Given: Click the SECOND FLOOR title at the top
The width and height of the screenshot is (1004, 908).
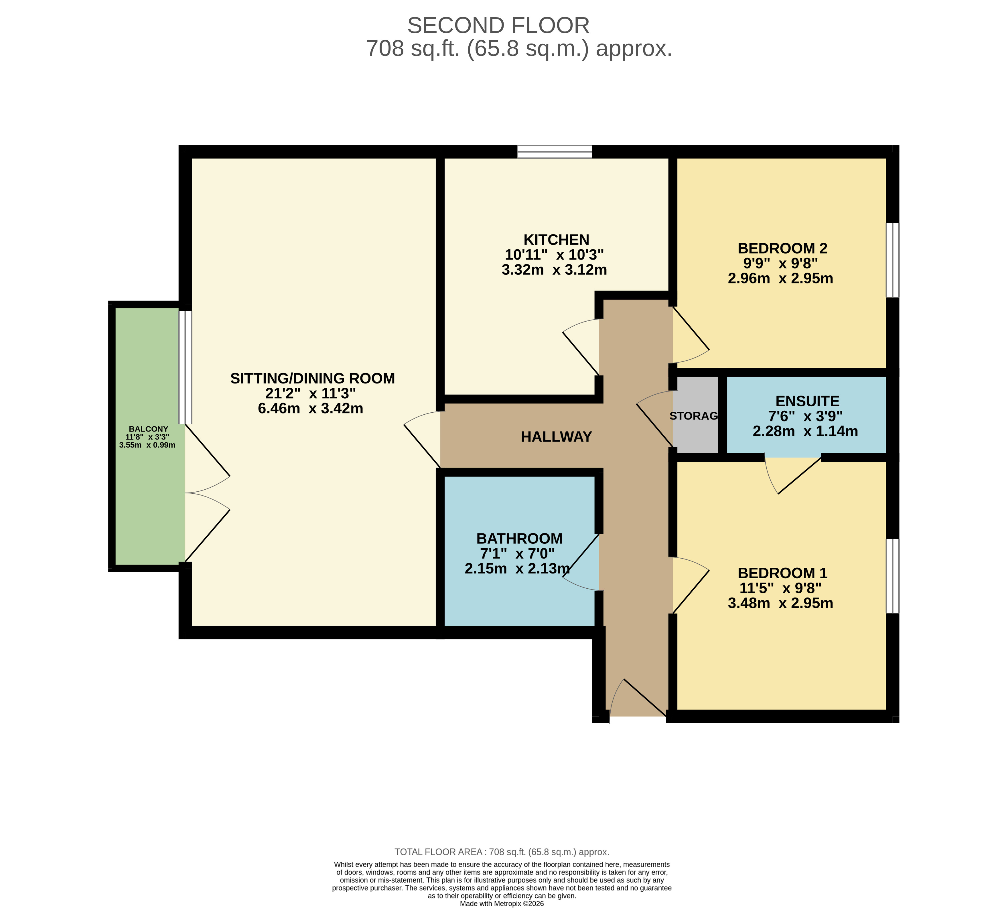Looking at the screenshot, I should tap(498, 26).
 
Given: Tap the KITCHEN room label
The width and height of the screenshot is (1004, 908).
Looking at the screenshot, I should tap(556, 240).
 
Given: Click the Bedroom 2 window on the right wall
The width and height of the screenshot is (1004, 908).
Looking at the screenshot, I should tap(892, 260).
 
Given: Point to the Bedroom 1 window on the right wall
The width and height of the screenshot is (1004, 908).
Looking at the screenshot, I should tap(892, 576).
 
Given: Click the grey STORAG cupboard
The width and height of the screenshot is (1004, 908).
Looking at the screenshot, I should tap(695, 415).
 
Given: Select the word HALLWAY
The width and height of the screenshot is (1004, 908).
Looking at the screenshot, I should tap(556, 437).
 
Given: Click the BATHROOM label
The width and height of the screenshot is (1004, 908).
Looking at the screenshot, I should tap(519, 539).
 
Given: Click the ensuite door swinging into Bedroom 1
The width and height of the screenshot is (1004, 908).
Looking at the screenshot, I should tap(794, 475).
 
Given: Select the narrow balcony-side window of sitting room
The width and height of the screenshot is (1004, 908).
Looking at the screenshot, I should tap(185, 367).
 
